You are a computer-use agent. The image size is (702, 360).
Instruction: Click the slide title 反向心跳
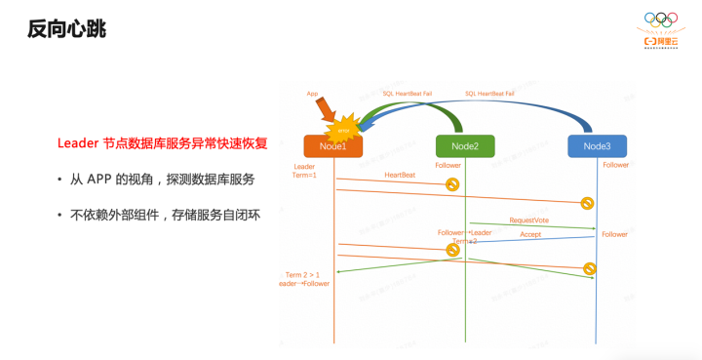pyautogui.click(x=66, y=29)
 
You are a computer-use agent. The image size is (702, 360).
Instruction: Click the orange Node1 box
pyautogui.click(x=332, y=146)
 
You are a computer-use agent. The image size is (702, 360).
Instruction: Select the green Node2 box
pyautogui.click(x=464, y=146)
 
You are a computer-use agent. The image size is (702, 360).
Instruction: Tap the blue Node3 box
pyautogui.click(x=597, y=146)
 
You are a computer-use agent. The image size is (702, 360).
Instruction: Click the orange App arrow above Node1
pyautogui.click(x=324, y=109)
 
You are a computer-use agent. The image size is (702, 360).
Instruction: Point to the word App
pyautogui.click(x=312, y=94)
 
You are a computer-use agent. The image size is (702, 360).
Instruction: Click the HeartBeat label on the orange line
pyautogui.click(x=400, y=175)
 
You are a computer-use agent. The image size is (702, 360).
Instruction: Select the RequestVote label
pyautogui.click(x=528, y=220)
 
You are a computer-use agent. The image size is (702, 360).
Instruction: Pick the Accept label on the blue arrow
pyautogui.click(x=530, y=234)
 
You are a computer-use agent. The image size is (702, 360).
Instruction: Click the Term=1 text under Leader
pyautogui.click(x=304, y=175)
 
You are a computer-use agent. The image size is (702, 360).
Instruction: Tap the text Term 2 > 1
pyautogui.click(x=302, y=275)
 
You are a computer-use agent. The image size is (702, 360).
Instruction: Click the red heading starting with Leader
pyautogui.click(x=162, y=143)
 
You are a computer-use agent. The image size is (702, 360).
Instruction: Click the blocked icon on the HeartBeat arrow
pyautogui.click(x=452, y=184)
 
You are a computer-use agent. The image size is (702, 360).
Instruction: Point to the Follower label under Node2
pyautogui.click(x=448, y=166)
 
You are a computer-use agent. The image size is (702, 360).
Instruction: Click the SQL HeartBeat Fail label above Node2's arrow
pyautogui.click(x=407, y=94)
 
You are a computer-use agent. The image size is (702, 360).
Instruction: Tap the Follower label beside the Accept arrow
pyautogui.click(x=614, y=234)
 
